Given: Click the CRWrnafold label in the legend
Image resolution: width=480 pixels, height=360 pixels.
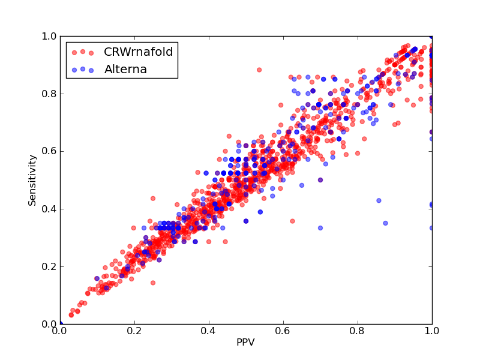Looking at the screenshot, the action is pyautogui.click(x=139, y=52).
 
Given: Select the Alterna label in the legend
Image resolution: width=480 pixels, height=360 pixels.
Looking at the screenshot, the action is pyautogui.click(x=125, y=70).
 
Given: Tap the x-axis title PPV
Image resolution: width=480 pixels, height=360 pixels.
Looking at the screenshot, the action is pyautogui.click(x=245, y=342).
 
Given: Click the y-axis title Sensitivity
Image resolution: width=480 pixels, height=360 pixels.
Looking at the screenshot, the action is pyautogui.click(x=32, y=180).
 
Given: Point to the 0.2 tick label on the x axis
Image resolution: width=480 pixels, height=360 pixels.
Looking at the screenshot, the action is pyautogui.click(x=134, y=331).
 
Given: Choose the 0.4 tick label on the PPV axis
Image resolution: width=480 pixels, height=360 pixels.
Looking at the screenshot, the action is pyautogui.click(x=209, y=331).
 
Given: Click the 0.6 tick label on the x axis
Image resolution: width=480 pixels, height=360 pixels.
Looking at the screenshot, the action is pyautogui.click(x=283, y=331).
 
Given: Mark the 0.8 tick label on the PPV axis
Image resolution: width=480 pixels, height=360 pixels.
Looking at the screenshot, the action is pyautogui.click(x=358, y=331).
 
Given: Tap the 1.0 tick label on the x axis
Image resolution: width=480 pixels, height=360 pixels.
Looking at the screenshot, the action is pyautogui.click(x=432, y=331).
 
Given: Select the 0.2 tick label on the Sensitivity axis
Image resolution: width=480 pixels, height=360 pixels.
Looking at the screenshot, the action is pyautogui.click(x=49, y=266).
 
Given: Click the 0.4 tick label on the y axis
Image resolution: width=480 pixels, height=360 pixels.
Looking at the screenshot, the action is pyautogui.click(x=49, y=209).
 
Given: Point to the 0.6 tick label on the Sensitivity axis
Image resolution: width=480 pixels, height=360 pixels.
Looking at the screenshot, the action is pyautogui.click(x=49, y=152).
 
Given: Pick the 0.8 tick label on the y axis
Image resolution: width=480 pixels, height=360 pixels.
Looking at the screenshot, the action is pyautogui.click(x=49, y=94).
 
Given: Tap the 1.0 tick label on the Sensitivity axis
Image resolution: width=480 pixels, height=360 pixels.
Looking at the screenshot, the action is pyautogui.click(x=49, y=36).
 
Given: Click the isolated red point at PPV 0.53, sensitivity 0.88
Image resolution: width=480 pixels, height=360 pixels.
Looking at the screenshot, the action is pyautogui.click(x=259, y=70).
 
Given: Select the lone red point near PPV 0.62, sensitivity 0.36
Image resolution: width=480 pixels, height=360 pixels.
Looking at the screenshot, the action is pyautogui.click(x=292, y=221).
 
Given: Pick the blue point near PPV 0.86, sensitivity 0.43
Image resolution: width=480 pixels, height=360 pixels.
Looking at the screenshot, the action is pyautogui.click(x=379, y=200).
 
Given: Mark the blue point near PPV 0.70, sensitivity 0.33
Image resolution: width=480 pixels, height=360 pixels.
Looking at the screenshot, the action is pyautogui.click(x=320, y=228).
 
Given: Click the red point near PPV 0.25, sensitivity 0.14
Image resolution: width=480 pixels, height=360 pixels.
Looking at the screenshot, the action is pyautogui.click(x=153, y=283).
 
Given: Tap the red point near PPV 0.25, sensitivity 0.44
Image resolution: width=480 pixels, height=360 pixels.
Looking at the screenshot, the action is pyautogui.click(x=153, y=199).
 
